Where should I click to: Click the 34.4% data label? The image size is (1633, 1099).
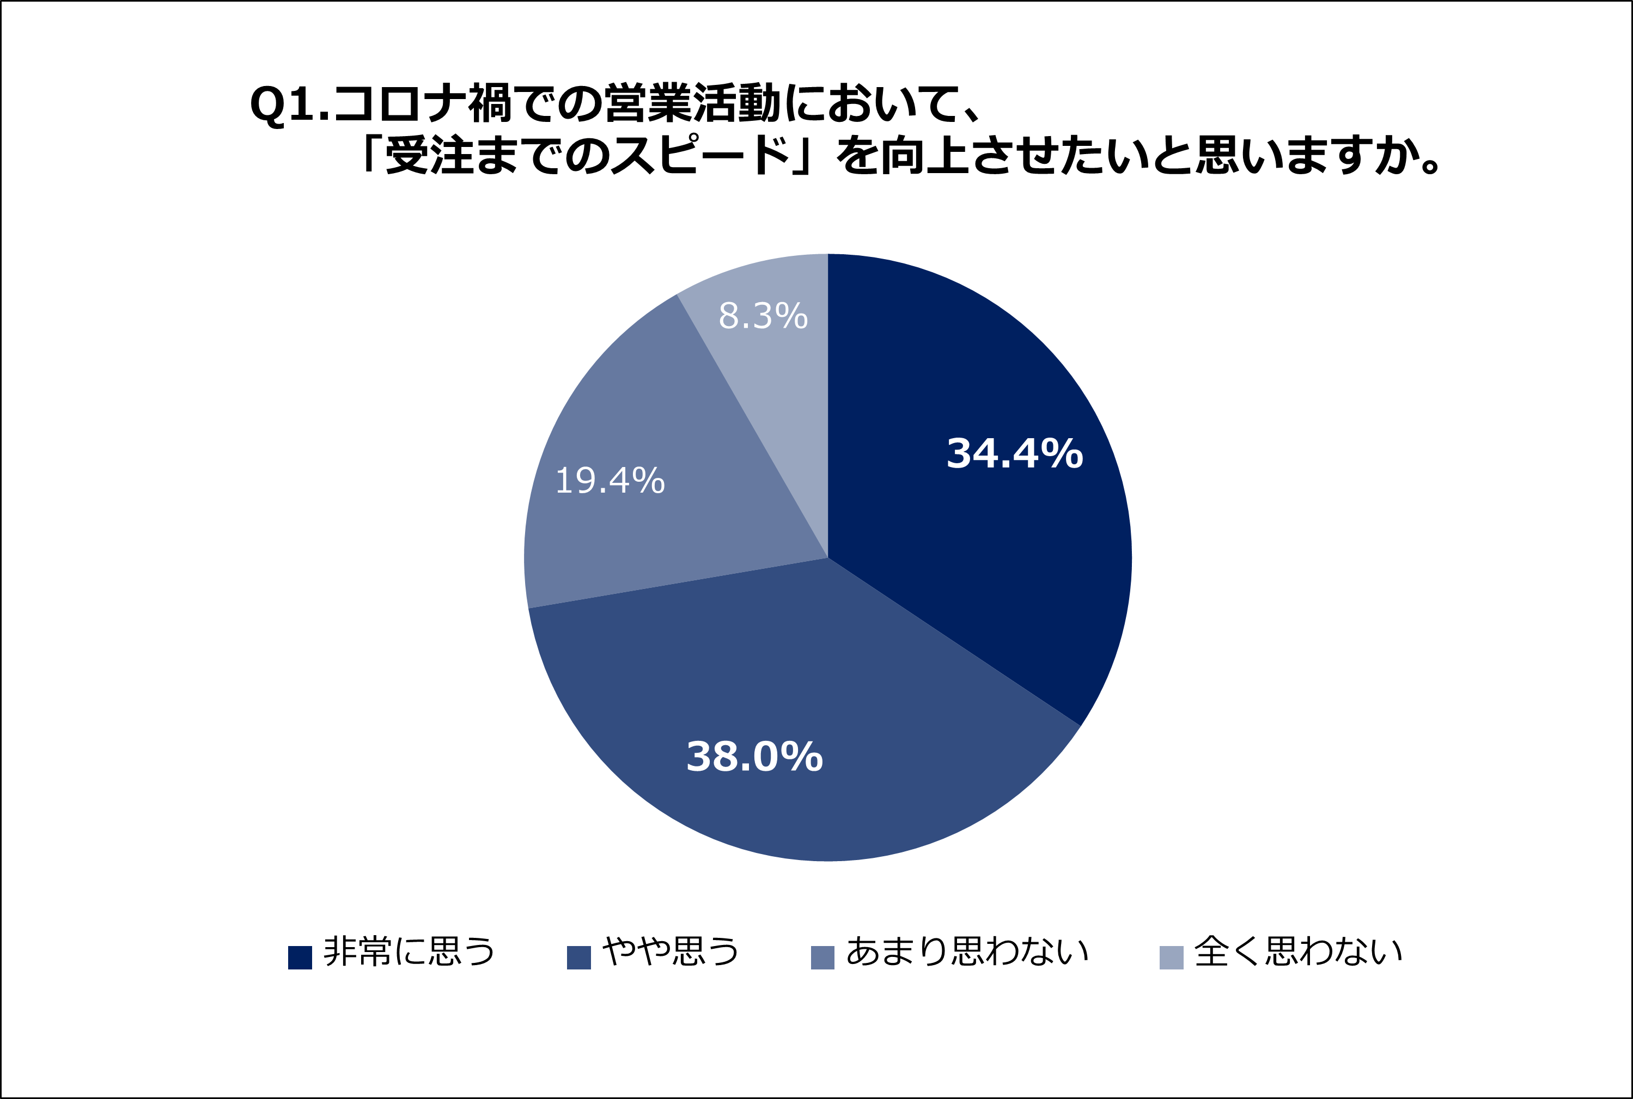point(1015,453)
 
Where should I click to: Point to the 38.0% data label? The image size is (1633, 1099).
point(754,757)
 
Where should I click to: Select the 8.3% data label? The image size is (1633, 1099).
point(763,316)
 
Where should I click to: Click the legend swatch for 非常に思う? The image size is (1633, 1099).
point(300,957)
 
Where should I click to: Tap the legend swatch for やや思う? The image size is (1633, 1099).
point(578,957)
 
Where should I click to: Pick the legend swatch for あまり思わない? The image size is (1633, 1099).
point(822,957)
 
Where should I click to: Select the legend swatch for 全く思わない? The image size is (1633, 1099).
point(1172,957)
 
